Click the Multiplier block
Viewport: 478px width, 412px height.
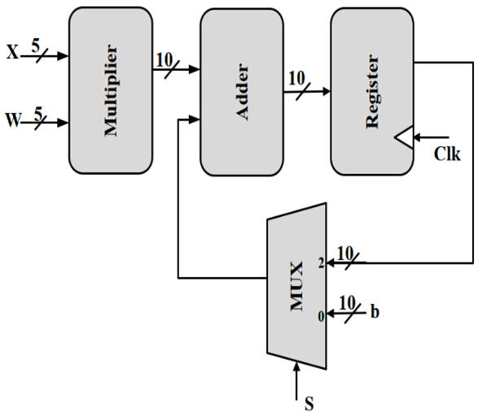coord(111,90)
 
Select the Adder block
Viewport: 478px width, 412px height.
coord(242,92)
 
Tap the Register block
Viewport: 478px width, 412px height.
coord(372,91)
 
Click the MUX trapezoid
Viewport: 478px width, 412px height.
coord(296,286)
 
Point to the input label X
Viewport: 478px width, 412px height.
coord(12,52)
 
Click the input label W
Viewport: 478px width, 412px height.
coord(13,119)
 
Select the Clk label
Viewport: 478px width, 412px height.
coord(447,154)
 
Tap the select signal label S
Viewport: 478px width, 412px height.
coord(309,404)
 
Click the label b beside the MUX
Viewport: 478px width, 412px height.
coord(375,311)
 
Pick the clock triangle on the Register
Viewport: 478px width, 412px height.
coord(404,137)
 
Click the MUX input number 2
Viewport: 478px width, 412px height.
coord(322,263)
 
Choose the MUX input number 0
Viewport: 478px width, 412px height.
coord(322,317)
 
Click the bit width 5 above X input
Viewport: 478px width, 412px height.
coord(36,46)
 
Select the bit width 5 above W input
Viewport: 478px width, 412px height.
coord(38,114)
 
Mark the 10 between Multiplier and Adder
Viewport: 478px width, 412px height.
coord(164,60)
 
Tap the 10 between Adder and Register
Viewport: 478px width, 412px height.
coord(296,78)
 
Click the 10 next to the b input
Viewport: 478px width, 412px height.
coord(347,303)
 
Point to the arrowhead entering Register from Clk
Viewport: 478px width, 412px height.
coord(418,137)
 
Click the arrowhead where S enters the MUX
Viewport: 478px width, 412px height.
coord(296,366)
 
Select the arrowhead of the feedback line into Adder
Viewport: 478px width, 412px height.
coord(194,120)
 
